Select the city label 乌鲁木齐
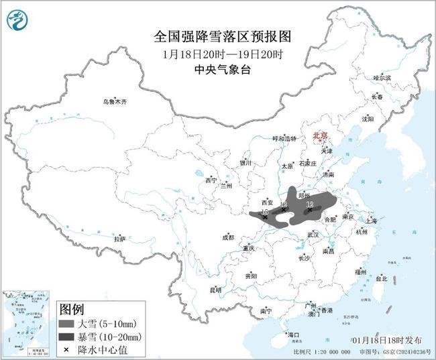[115, 101]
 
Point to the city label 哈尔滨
[382, 78]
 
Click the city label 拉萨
[119, 239]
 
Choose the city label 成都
[228, 237]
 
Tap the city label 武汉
[313, 235]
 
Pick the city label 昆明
[215, 290]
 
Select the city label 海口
[292, 334]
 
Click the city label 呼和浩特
[284, 138]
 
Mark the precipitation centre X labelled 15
[265, 217]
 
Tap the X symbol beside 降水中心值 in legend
[67, 349]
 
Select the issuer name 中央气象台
[218, 68]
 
